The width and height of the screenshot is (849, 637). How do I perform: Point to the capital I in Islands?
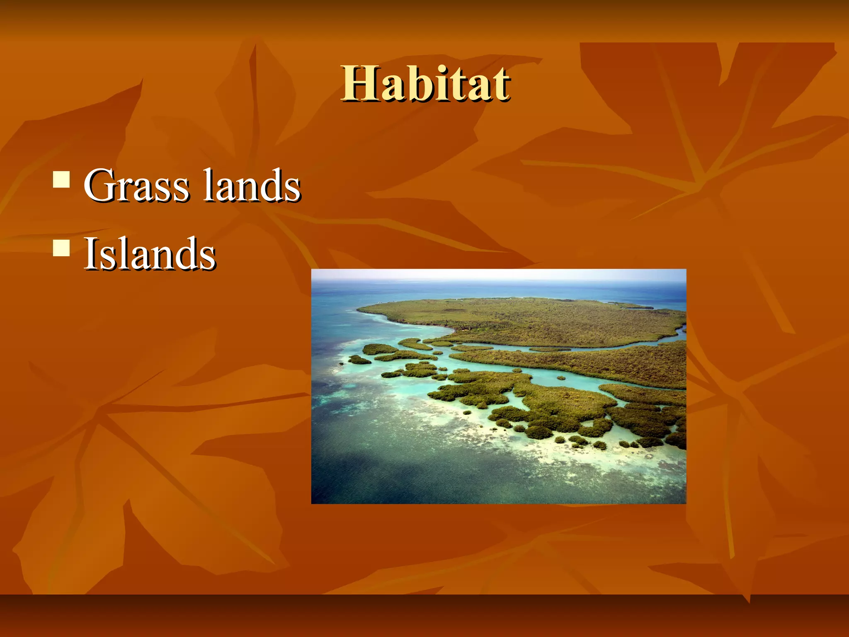point(90,254)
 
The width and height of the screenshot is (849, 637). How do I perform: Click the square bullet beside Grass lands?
point(61,180)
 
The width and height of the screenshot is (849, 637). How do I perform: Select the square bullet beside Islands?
point(61,249)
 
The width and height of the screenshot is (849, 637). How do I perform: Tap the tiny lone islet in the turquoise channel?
point(561,378)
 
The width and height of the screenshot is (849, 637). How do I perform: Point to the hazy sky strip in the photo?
point(497,275)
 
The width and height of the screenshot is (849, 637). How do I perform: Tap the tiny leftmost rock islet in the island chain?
point(341,364)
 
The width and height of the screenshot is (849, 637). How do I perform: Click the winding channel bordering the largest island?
point(580,348)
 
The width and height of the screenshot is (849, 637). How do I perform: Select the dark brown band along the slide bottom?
point(424,616)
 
